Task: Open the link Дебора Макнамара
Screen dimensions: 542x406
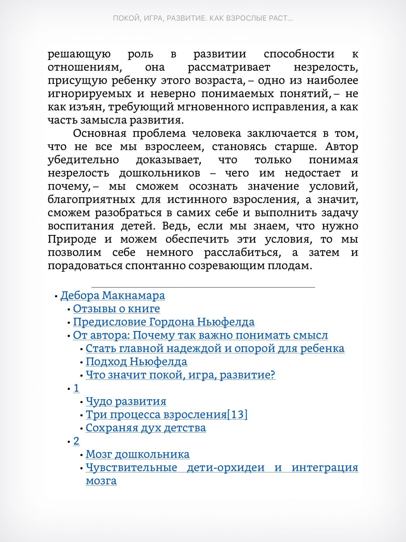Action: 112,296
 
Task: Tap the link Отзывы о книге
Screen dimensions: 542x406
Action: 116,309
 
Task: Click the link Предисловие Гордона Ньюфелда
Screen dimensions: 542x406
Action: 163,322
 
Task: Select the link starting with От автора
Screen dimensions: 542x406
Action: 200,336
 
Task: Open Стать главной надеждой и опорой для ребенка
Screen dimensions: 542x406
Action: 215,349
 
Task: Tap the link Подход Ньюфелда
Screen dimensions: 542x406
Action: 136,362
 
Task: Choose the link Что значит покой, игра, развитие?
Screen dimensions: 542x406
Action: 180,375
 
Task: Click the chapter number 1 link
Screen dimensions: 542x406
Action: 76,389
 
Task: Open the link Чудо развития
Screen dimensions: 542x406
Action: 126,402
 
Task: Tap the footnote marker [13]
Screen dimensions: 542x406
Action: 237,415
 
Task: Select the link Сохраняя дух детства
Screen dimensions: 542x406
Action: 146,428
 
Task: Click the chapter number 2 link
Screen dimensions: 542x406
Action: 76,441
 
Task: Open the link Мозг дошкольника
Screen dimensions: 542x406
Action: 138,454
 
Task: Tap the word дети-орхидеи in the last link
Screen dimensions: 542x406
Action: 226,468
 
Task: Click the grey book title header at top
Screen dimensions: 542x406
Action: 203,18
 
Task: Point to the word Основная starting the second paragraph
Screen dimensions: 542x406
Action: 99,133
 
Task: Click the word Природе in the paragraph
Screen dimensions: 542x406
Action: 72,239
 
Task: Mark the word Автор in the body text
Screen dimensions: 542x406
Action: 341,147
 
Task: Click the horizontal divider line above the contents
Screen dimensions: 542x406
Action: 203,287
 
